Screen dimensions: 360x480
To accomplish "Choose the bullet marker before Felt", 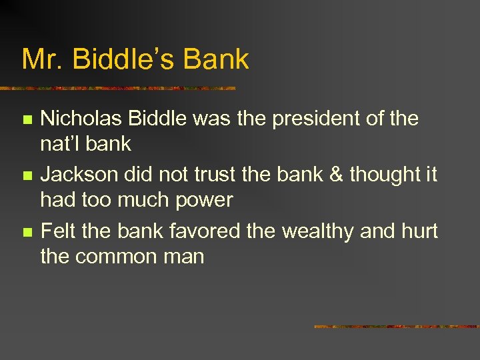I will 26,233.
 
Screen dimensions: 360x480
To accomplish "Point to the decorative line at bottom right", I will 397,327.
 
